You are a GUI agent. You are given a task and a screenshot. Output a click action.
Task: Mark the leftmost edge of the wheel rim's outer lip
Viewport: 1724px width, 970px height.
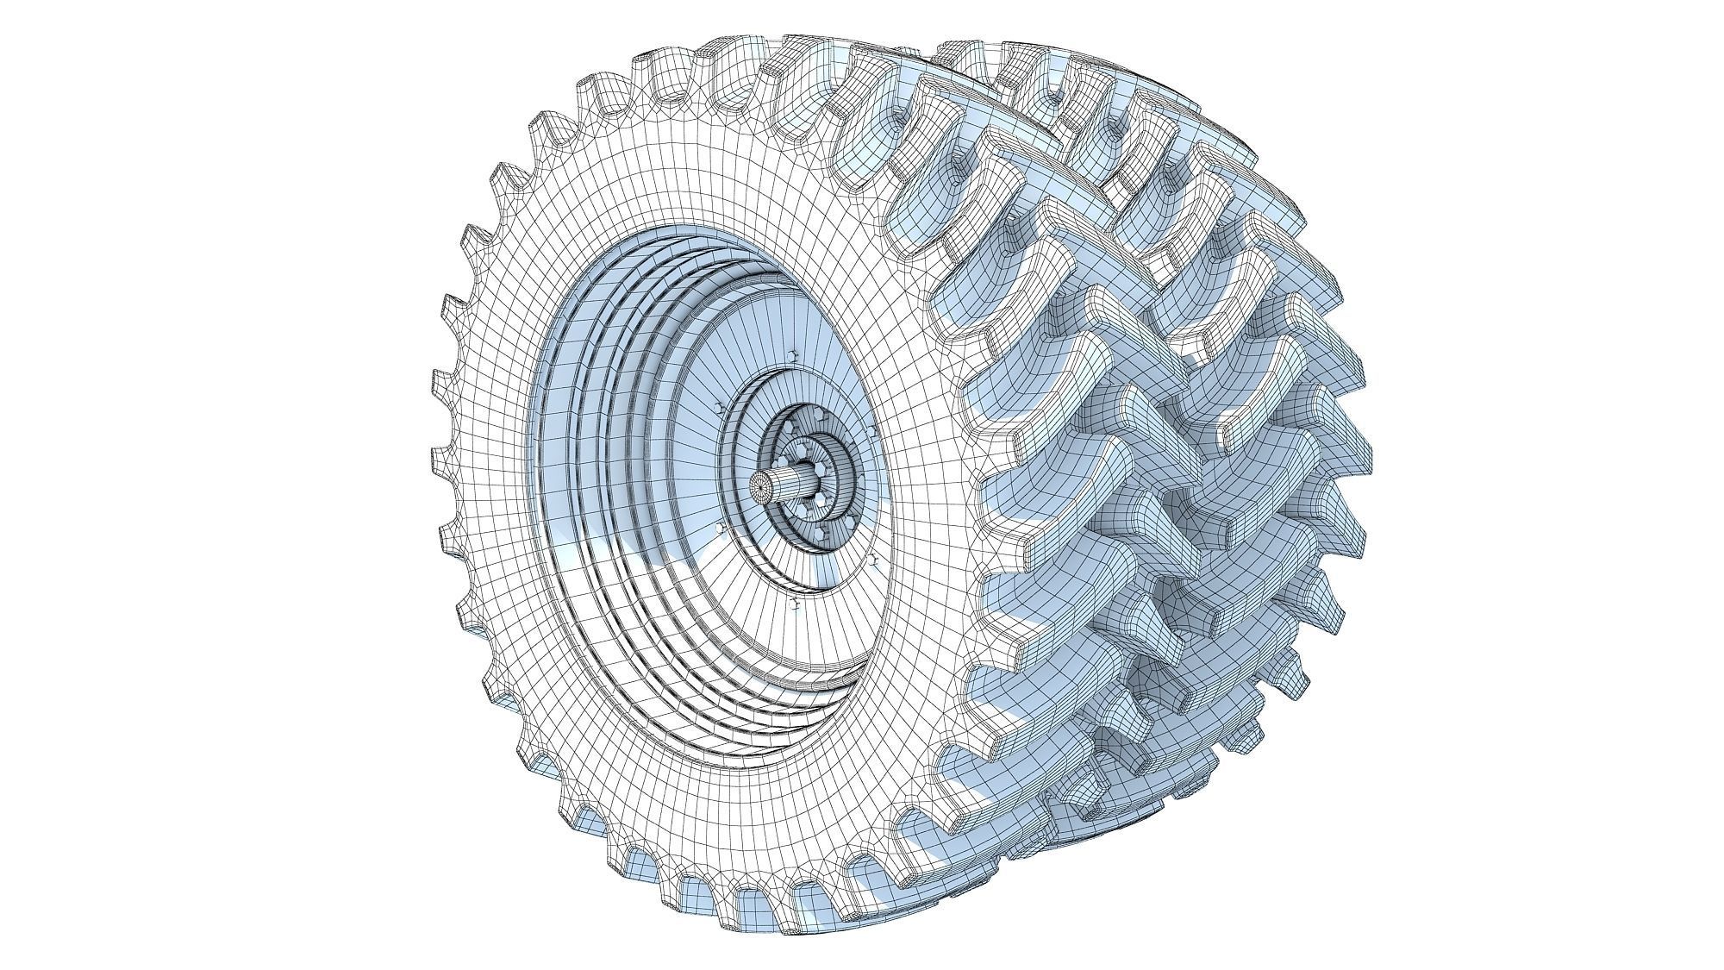(528, 483)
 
